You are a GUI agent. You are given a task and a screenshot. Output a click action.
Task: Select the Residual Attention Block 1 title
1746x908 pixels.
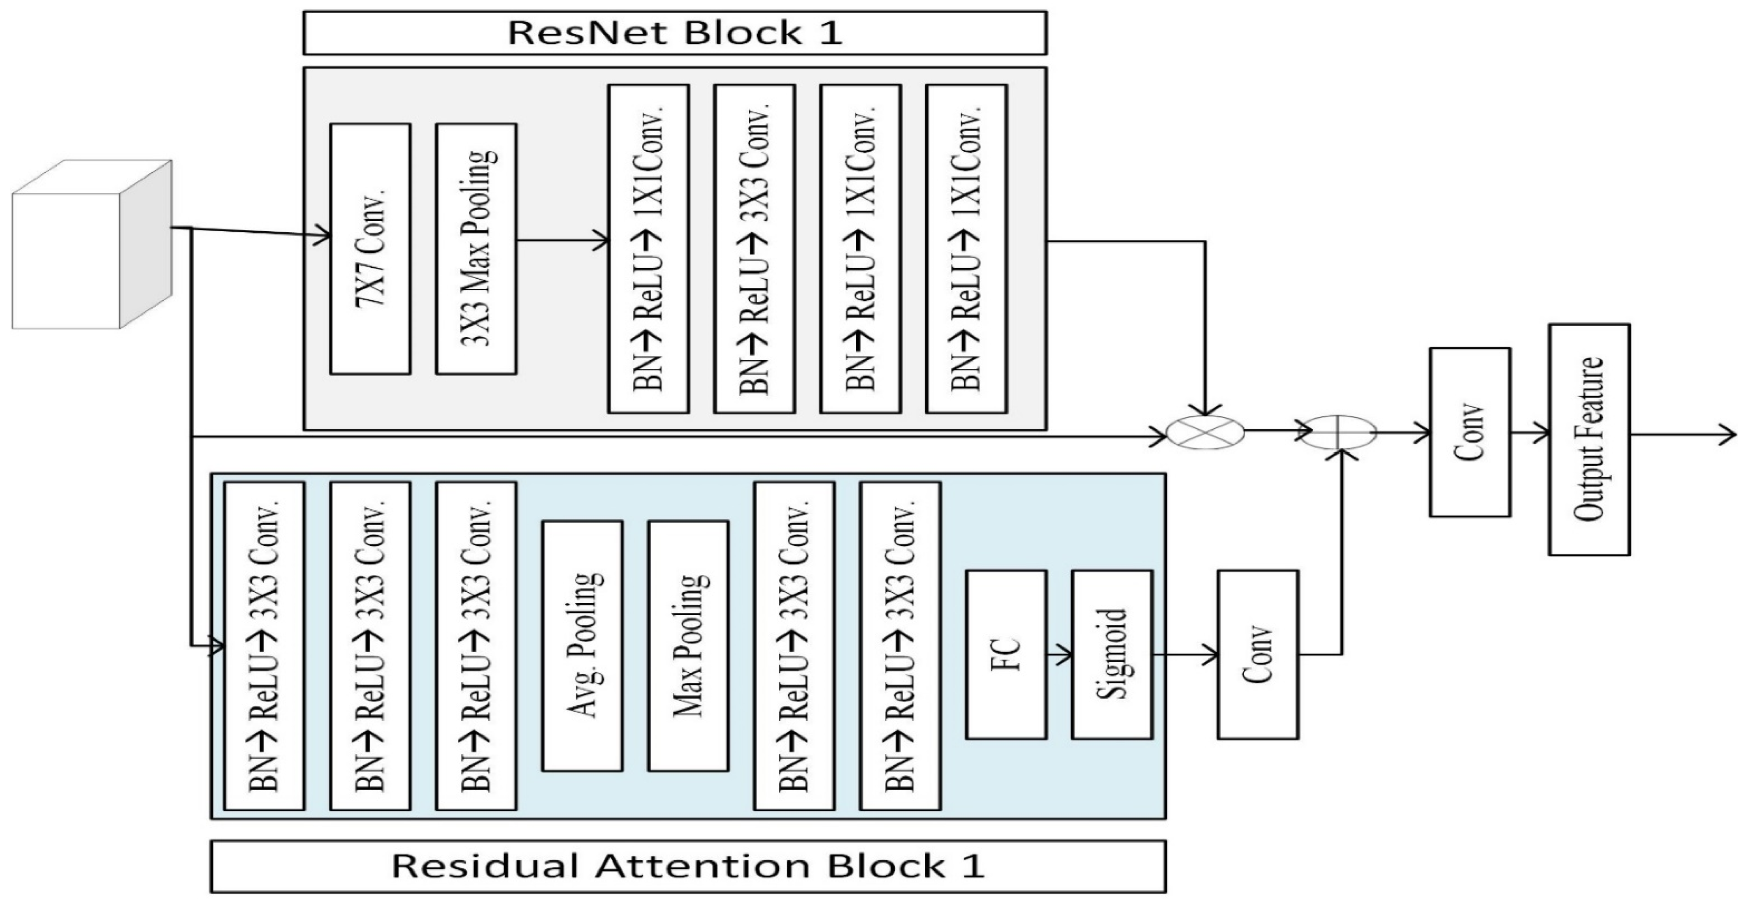tap(687, 866)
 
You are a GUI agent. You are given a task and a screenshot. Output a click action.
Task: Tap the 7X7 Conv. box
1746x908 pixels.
tap(370, 249)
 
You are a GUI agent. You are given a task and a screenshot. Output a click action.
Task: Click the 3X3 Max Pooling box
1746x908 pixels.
tap(476, 249)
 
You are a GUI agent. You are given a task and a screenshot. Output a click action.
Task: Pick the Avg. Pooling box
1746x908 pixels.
tap(582, 646)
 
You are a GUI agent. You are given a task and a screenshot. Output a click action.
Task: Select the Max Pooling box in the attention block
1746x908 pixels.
tap(688, 646)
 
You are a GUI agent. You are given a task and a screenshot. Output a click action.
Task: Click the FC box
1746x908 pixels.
tap(1006, 654)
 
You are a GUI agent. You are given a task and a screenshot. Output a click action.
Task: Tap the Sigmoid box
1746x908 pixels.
tap(1112, 654)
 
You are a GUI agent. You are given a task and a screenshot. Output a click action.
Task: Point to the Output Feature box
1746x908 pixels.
tap(1589, 440)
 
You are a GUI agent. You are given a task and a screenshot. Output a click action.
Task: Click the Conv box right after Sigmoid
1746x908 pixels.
tap(1258, 654)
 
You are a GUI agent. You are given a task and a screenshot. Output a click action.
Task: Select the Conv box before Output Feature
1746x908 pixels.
tap(1470, 432)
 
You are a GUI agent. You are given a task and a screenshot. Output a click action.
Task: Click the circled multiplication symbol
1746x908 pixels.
tap(1205, 432)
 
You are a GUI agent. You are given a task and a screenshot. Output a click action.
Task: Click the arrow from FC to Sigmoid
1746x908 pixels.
tap(1059, 655)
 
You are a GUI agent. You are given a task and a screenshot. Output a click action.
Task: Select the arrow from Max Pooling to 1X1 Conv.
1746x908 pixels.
tap(562, 239)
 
